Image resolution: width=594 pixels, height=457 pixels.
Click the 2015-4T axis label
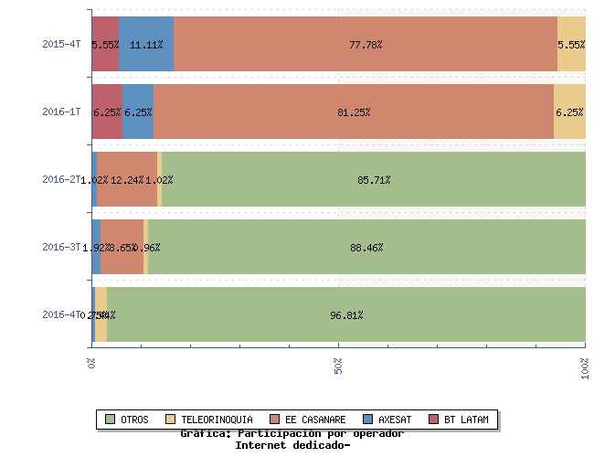[61, 44]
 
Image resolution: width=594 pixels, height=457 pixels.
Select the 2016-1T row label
[61, 112]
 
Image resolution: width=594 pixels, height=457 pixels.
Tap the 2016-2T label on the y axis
[61, 179]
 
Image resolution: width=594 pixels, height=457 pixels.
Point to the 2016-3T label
[61, 247]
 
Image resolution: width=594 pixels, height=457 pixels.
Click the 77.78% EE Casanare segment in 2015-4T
[366, 44]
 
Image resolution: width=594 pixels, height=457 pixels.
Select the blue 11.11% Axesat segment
[146, 44]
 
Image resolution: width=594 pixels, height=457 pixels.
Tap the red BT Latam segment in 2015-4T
[105, 44]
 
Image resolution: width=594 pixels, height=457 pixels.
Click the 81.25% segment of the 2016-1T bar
[354, 112]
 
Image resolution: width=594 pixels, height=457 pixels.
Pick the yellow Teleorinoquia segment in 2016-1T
[569, 112]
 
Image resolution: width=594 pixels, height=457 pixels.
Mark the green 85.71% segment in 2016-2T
[374, 179]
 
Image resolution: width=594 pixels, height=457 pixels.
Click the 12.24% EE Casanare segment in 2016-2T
[127, 179]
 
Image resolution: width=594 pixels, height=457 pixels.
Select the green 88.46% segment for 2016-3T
[366, 247]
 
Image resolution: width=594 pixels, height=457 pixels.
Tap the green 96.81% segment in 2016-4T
[346, 314]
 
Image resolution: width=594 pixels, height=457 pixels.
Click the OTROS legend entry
[128, 420]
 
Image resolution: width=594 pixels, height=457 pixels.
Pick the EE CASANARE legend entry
[308, 420]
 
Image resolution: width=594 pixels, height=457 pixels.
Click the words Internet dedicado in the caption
[292, 445]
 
